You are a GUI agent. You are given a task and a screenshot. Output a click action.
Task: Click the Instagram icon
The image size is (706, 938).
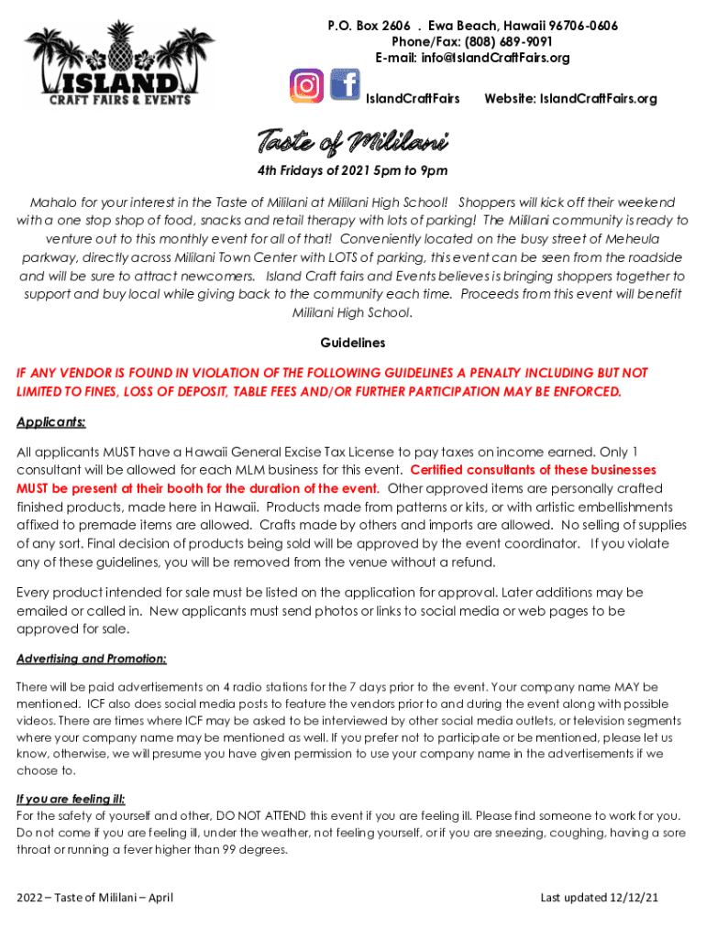coord(307,85)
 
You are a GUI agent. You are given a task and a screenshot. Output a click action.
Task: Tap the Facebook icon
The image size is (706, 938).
coord(344,85)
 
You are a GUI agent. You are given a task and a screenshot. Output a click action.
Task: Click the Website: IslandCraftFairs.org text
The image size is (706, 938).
coord(570,98)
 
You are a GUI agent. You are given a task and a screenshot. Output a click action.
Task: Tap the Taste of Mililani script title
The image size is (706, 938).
coord(352,144)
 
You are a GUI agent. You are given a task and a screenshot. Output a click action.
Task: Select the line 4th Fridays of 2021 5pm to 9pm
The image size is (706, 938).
coord(352,171)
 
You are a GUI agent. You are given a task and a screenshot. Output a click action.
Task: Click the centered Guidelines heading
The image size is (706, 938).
coord(352,343)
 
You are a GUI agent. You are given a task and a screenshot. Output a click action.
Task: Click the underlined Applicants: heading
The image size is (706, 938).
coord(51,422)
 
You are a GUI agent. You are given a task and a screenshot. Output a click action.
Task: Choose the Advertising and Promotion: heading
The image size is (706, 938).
coord(92,659)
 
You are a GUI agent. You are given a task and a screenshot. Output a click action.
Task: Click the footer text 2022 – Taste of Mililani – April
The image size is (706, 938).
coord(95,897)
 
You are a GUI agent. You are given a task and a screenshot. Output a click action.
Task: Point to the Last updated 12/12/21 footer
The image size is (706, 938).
coord(599,897)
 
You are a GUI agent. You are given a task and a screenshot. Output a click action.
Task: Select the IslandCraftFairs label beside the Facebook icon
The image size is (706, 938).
coord(413,98)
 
